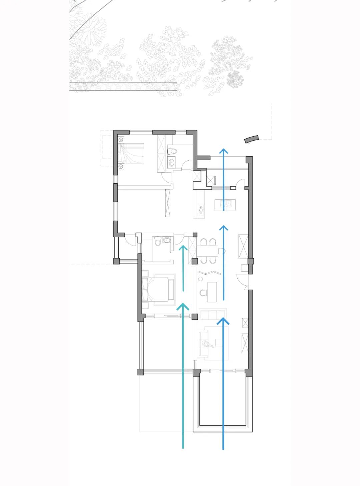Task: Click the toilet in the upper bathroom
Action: pos(172,152)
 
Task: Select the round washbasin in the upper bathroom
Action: pos(171,162)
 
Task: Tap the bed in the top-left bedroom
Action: pos(132,153)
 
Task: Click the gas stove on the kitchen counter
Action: pos(201,210)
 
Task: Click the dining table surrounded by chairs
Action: pos(207,250)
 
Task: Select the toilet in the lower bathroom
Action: pos(158,241)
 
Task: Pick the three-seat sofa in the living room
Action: pos(212,314)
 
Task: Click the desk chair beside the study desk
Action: pos(203,293)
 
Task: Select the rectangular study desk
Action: pos(212,292)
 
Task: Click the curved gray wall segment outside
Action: pos(251,139)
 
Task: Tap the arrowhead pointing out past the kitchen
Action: pos(224,151)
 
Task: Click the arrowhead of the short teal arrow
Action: pos(183,248)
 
